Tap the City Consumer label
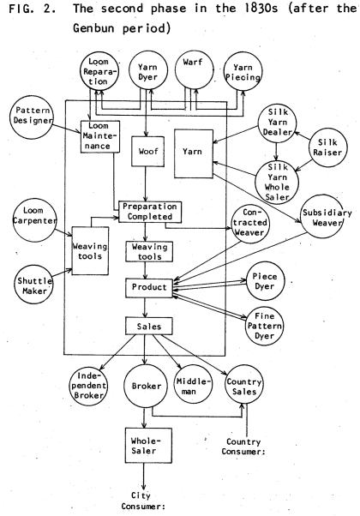(143, 501)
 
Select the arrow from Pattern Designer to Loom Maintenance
(67, 129)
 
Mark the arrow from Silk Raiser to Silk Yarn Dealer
(302, 136)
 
